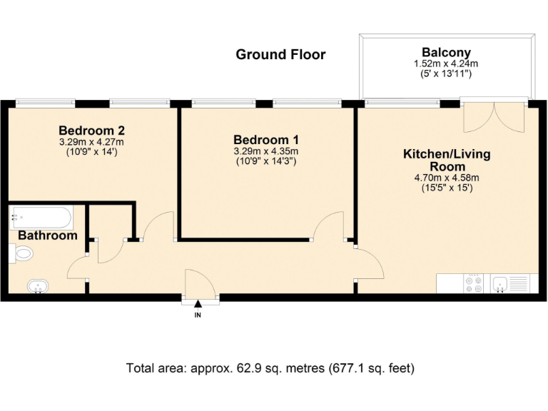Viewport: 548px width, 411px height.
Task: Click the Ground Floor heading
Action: coord(280,55)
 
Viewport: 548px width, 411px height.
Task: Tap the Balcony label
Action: coord(446,52)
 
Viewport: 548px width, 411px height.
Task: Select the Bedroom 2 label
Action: coord(92,131)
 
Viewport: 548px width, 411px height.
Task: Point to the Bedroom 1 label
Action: coord(266,140)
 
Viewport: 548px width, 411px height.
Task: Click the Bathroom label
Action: coord(47,235)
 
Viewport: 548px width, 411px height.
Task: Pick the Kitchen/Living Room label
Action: coord(447,160)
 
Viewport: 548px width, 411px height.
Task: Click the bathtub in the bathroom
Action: coord(41,215)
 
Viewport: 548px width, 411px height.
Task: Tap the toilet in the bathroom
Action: coord(23,253)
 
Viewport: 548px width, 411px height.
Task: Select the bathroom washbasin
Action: coord(37,287)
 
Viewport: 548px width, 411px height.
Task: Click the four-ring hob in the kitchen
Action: coord(472,284)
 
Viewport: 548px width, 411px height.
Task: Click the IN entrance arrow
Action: coord(198,307)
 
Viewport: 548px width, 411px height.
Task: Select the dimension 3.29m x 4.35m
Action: coord(266,151)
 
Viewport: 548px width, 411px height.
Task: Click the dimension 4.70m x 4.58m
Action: coord(447,178)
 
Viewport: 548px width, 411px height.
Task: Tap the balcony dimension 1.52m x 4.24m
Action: coord(446,64)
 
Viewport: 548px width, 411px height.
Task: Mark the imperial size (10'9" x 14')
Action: coord(92,152)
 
